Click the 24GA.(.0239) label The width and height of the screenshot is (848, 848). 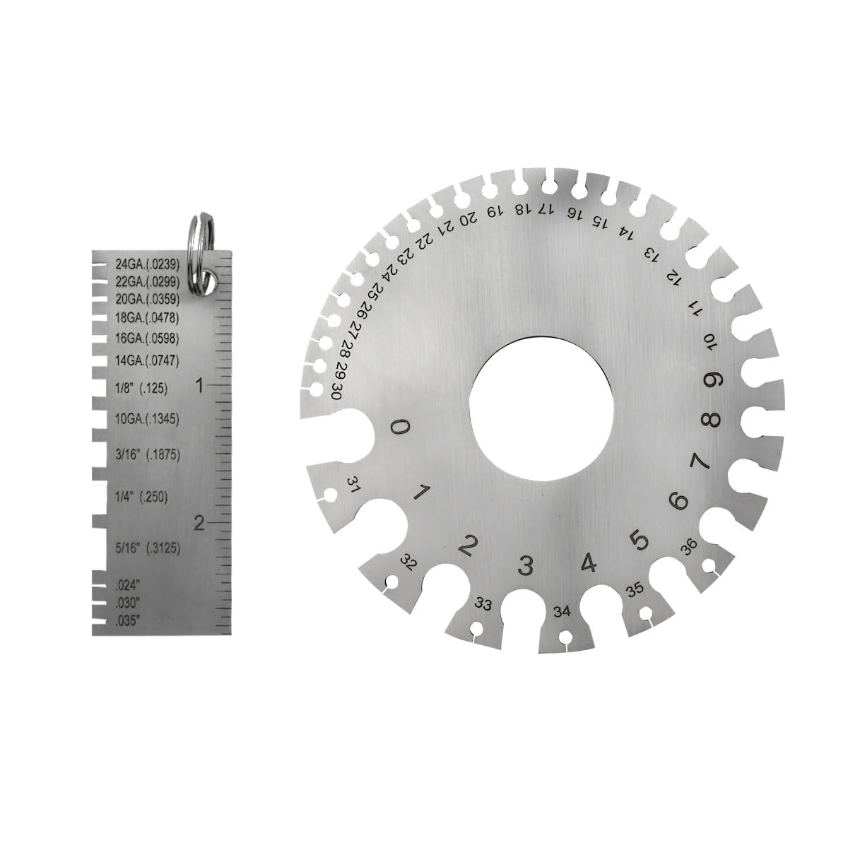click(x=148, y=264)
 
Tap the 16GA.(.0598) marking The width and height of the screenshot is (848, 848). click(x=148, y=338)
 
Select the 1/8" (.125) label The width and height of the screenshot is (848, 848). click(x=142, y=389)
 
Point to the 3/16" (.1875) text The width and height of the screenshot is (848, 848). click(x=148, y=454)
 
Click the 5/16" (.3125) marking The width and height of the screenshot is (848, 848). click(x=148, y=548)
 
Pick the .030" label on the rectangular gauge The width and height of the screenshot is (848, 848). click(x=128, y=602)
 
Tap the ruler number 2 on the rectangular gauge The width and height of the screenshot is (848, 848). click(x=199, y=524)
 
